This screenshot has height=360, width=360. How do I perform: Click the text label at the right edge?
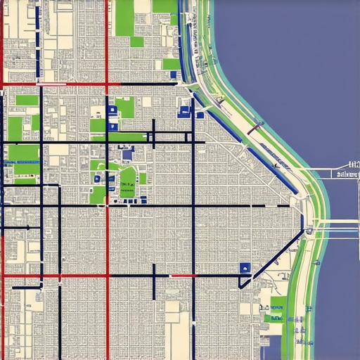click(x=348, y=174)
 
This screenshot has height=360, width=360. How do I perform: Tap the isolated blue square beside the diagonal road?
click(x=245, y=268)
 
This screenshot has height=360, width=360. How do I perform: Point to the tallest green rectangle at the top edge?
click(x=124, y=18)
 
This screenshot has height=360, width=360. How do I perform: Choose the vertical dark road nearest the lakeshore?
click(x=193, y=211)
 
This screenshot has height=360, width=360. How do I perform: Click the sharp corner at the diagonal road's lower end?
click(x=240, y=285)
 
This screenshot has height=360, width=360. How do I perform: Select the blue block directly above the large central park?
click(x=127, y=154)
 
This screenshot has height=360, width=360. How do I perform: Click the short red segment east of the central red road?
click(x=181, y=276)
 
